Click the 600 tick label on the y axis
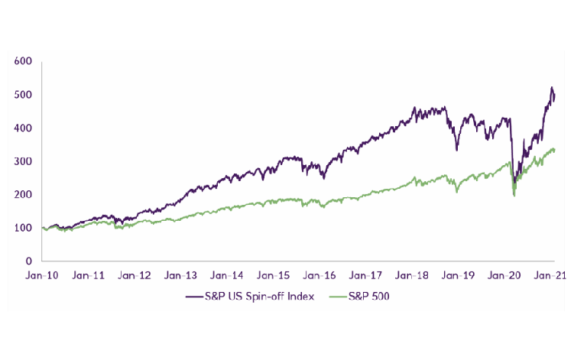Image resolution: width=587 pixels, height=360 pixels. point(22,61)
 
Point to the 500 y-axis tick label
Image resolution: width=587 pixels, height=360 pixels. point(22,95)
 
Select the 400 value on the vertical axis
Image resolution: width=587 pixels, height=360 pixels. point(22,128)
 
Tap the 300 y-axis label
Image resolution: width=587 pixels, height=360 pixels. point(22,161)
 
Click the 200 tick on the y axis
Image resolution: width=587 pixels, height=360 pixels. point(22,194)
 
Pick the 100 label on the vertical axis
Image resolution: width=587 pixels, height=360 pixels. point(22,228)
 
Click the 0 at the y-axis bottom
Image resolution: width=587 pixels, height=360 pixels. point(28,261)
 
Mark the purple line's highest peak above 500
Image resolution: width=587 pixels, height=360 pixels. point(551,88)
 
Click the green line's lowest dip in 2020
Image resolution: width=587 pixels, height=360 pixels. point(514,196)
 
